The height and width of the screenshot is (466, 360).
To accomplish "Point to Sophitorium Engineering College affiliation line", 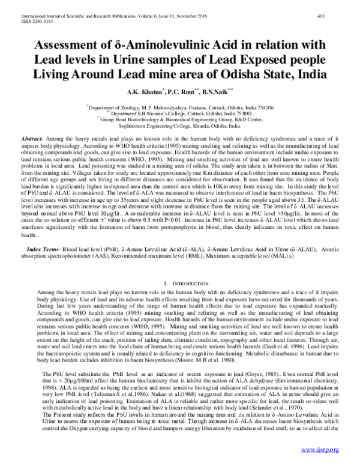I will pos(181,125).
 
